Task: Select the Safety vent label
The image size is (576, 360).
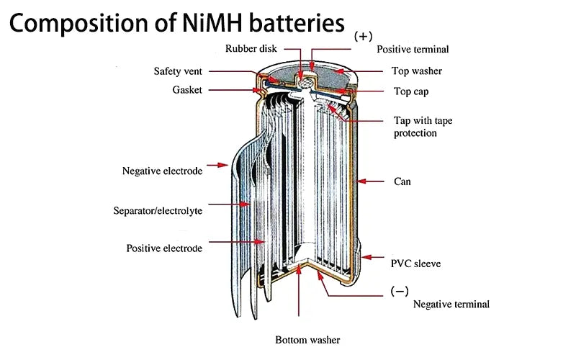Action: click(x=182, y=71)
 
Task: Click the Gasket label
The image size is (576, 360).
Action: click(x=187, y=90)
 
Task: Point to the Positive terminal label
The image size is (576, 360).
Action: click(x=413, y=50)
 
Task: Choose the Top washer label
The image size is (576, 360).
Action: click(x=416, y=71)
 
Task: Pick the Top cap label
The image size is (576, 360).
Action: click(x=412, y=92)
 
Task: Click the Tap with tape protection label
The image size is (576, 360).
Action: click(x=423, y=127)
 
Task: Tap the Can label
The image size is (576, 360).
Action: click(x=402, y=181)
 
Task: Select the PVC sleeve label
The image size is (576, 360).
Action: click(x=415, y=264)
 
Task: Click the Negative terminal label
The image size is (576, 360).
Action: click(x=451, y=304)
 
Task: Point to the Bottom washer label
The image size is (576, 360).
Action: click(x=307, y=340)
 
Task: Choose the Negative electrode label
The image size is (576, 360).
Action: click(x=162, y=171)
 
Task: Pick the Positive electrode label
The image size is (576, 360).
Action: click(x=164, y=248)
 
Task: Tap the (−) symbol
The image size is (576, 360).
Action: click(x=400, y=291)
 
